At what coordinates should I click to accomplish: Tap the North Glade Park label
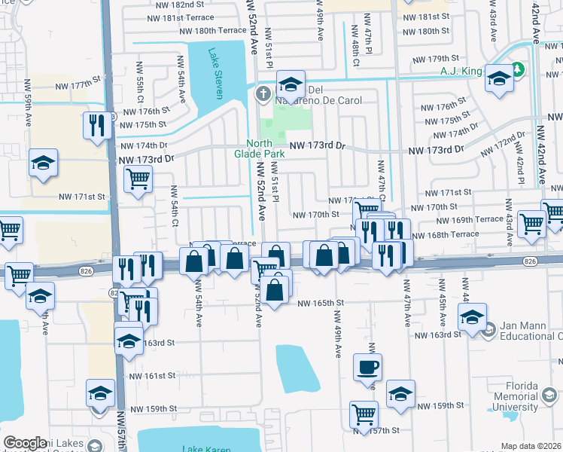pyautogui.click(x=266, y=149)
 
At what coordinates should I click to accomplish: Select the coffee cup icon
pyautogui.click(x=368, y=367)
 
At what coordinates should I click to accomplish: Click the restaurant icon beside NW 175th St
pyautogui.click(x=96, y=125)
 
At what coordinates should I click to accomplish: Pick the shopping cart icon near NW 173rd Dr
pyautogui.click(x=138, y=179)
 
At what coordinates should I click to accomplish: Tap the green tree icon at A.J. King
pyautogui.click(x=518, y=71)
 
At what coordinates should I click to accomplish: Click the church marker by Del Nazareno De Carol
pyautogui.click(x=263, y=94)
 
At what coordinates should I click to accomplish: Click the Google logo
pyautogui.click(x=26, y=443)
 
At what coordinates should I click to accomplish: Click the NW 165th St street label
pyautogui.click(x=320, y=303)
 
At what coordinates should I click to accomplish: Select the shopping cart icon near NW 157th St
pyautogui.click(x=364, y=414)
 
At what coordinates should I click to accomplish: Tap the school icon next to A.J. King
pyautogui.click(x=498, y=78)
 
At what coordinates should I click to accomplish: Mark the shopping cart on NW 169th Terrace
pyautogui.click(x=531, y=222)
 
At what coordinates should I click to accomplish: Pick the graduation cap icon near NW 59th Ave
pyautogui.click(x=44, y=162)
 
